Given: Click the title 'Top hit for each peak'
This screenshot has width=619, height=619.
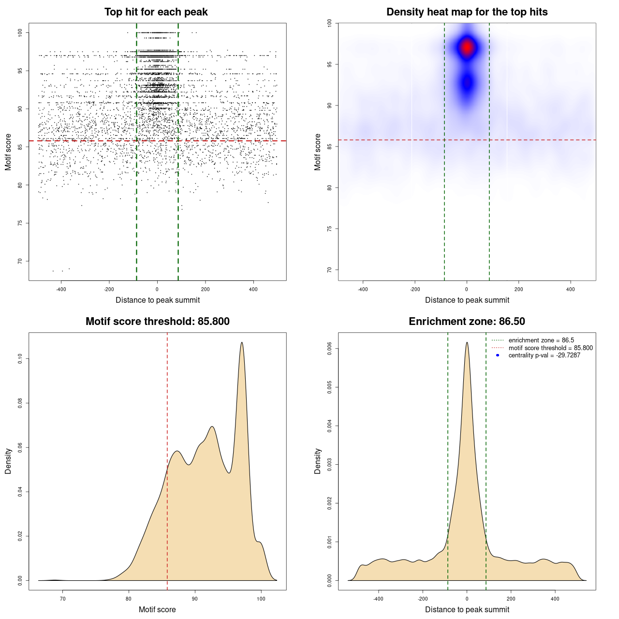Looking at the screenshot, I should coord(156,12).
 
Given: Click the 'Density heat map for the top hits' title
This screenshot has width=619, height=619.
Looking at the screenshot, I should coord(467,12).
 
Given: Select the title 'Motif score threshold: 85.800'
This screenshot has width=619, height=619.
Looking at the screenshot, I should coord(157,322).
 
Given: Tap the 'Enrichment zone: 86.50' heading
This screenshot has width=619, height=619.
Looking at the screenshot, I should coord(467,322).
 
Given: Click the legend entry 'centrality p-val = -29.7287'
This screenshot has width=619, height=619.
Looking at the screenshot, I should coord(544,355).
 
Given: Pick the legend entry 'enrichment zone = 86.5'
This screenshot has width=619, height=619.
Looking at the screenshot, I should coord(541,340).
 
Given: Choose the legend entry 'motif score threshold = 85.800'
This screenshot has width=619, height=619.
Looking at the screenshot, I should coord(550,348).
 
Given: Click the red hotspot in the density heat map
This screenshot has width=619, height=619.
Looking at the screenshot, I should coord(467,47).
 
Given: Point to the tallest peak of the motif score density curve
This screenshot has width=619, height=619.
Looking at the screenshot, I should coord(242,342).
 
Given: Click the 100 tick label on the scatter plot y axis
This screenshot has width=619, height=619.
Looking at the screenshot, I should coord(20,32).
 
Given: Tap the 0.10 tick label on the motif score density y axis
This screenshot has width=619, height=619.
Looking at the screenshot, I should coord(20,358).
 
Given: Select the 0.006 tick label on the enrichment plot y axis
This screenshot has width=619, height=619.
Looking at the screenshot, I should coord(330,348).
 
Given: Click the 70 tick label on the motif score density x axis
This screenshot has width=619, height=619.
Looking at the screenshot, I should coord(62,599).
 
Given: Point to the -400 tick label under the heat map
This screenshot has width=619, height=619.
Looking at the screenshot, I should coord(363,289).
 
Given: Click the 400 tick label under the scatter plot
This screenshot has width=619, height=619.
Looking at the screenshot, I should coord(253,289).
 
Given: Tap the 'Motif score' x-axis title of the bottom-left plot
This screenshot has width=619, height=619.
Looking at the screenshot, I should coord(157,609).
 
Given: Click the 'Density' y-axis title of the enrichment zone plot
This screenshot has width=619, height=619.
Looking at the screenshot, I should coord(318,461).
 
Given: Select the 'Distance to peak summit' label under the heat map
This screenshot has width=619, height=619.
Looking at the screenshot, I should coord(467,300).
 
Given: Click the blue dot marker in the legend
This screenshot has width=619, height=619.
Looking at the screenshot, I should coord(498,355).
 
